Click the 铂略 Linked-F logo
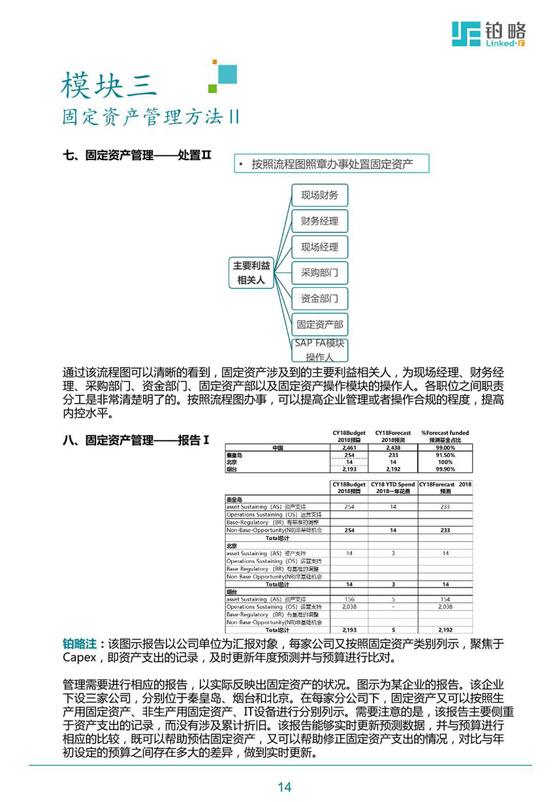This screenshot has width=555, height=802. pyautogui.click(x=489, y=33)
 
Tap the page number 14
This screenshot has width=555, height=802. pyautogui.click(x=284, y=787)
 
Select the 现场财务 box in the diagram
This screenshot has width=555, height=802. pyautogui.click(x=319, y=195)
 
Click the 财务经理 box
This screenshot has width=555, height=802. pyautogui.click(x=319, y=221)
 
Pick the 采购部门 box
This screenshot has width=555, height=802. pyautogui.click(x=319, y=273)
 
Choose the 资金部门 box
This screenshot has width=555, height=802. pyautogui.click(x=319, y=299)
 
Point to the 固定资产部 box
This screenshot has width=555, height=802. pyautogui.click(x=319, y=325)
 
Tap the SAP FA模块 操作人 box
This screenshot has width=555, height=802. pyautogui.click(x=319, y=350)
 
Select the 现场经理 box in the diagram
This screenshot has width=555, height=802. pyautogui.click(x=319, y=247)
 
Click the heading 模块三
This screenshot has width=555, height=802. pyautogui.click(x=109, y=86)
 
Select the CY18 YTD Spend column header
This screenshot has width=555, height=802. pyautogui.click(x=392, y=488)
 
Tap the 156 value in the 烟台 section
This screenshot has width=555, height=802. pyautogui.click(x=349, y=600)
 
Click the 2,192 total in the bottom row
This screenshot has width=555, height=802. pyautogui.click(x=445, y=630)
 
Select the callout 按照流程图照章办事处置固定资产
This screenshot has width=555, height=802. pyautogui.click(x=332, y=164)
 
